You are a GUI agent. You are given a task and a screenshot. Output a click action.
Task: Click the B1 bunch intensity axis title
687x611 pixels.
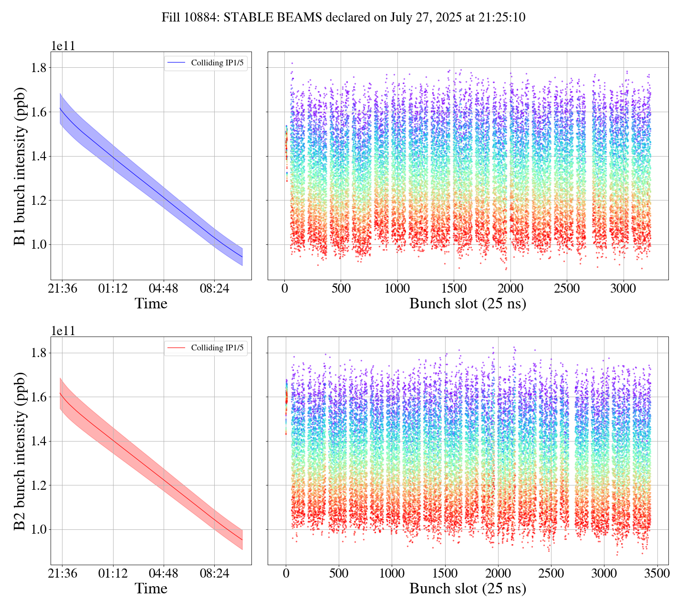(x=20, y=166)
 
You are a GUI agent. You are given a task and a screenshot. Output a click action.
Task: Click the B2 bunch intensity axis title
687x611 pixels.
(x=20, y=451)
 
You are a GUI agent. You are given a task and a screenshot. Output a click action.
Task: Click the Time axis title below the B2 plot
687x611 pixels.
(x=151, y=589)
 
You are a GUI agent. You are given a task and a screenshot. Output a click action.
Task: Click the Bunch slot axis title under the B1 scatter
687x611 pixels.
(x=468, y=304)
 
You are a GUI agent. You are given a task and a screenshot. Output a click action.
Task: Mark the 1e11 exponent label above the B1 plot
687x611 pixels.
(x=63, y=46)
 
